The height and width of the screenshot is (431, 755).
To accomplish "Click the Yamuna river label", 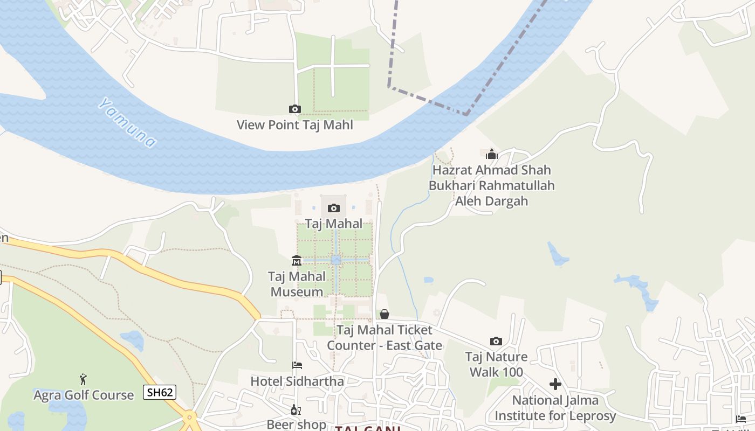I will click(x=128, y=123).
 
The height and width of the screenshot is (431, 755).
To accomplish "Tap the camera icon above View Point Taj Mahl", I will click(x=294, y=109).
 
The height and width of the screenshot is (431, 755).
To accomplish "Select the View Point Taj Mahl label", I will click(x=294, y=125).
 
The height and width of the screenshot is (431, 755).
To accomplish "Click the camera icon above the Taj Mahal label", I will click(x=334, y=208).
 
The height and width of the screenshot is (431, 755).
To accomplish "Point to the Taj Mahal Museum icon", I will click(x=297, y=261).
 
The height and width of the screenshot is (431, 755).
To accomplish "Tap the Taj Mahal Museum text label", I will click(x=297, y=284).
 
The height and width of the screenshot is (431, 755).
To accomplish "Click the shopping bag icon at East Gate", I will click(x=385, y=314).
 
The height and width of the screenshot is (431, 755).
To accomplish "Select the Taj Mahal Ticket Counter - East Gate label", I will click(x=385, y=338).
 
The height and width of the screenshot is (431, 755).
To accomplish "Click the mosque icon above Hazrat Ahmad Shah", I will click(x=491, y=155).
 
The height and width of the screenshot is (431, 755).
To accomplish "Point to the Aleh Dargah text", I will click(x=491, y=201).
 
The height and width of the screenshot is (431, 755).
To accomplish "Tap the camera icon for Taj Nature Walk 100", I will click(x=496, y=341).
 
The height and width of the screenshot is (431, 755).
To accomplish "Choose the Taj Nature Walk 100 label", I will click(x=496, y=364).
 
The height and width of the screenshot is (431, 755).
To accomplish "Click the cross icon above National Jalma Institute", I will click(x=555, y=384).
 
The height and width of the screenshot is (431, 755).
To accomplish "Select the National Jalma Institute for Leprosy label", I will click(x=555, y=408).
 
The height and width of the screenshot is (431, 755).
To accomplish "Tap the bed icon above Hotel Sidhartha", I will click(x=297, y=365).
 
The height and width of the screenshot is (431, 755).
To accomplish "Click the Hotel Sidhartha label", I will click(x=297, y=381).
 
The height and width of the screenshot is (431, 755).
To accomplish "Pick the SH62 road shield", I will click(x=160, y=392).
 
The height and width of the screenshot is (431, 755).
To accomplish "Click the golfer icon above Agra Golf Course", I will click(x=83, y=379).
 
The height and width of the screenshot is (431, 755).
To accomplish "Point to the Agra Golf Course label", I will click(x=84, y=395).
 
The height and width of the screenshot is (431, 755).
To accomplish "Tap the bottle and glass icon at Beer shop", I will click(x=296, y=410).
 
